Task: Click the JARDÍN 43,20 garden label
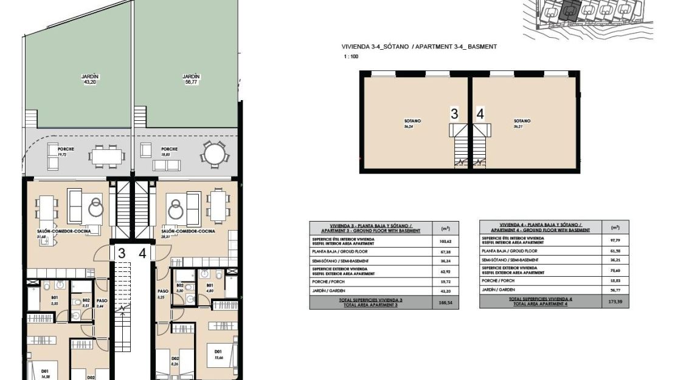[90, 80]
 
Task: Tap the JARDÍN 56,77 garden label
[191, 80]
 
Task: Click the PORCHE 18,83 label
[169, 152]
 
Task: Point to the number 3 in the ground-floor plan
[122, 254]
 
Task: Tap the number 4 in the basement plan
[480, 114]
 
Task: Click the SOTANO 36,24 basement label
[412, 124]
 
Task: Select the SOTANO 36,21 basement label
[522, 124]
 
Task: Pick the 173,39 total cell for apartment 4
[614, 302]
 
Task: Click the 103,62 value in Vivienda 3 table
[445, 241]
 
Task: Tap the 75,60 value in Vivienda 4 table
[614, 271]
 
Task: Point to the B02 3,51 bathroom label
[85, 303]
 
